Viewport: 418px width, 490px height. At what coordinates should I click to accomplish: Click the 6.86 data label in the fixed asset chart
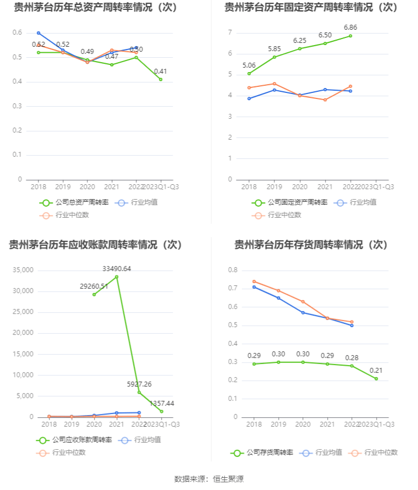pyautogui.click(x=350, y=27)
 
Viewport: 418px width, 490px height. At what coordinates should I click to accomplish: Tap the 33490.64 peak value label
pyautogui.click(x=117, y=268)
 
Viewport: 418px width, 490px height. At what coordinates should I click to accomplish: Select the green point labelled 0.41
pyautogui.click(x=161, y=79)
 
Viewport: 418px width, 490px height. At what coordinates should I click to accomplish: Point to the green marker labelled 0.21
pyautogui.click(x=376, y=378)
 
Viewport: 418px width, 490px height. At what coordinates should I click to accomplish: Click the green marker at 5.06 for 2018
pyautogui.click(x=249, y=74)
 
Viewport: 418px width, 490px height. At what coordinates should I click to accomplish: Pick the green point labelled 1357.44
pyautogui.click(x=162, y=411)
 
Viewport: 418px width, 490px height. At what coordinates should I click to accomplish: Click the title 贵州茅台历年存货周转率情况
pyautogui.click(x=311, y=245)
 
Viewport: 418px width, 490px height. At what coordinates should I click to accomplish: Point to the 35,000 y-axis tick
pyautogui.click(x=23, y=270)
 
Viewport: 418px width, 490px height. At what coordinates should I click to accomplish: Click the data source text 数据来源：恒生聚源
pyautogui.click(x=209, y=478)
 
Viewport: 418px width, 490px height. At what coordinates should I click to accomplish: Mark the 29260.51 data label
pyautogui.click(x=94, y=286)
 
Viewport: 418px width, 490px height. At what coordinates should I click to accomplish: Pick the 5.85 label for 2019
pyautogui.click(x=274, y=49)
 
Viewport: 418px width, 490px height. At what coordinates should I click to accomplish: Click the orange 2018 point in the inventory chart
pyautogui.click(x=254, y=282)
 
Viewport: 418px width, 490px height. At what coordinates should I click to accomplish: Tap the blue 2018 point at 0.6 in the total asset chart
pyautogui.click(x=38, y=33)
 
